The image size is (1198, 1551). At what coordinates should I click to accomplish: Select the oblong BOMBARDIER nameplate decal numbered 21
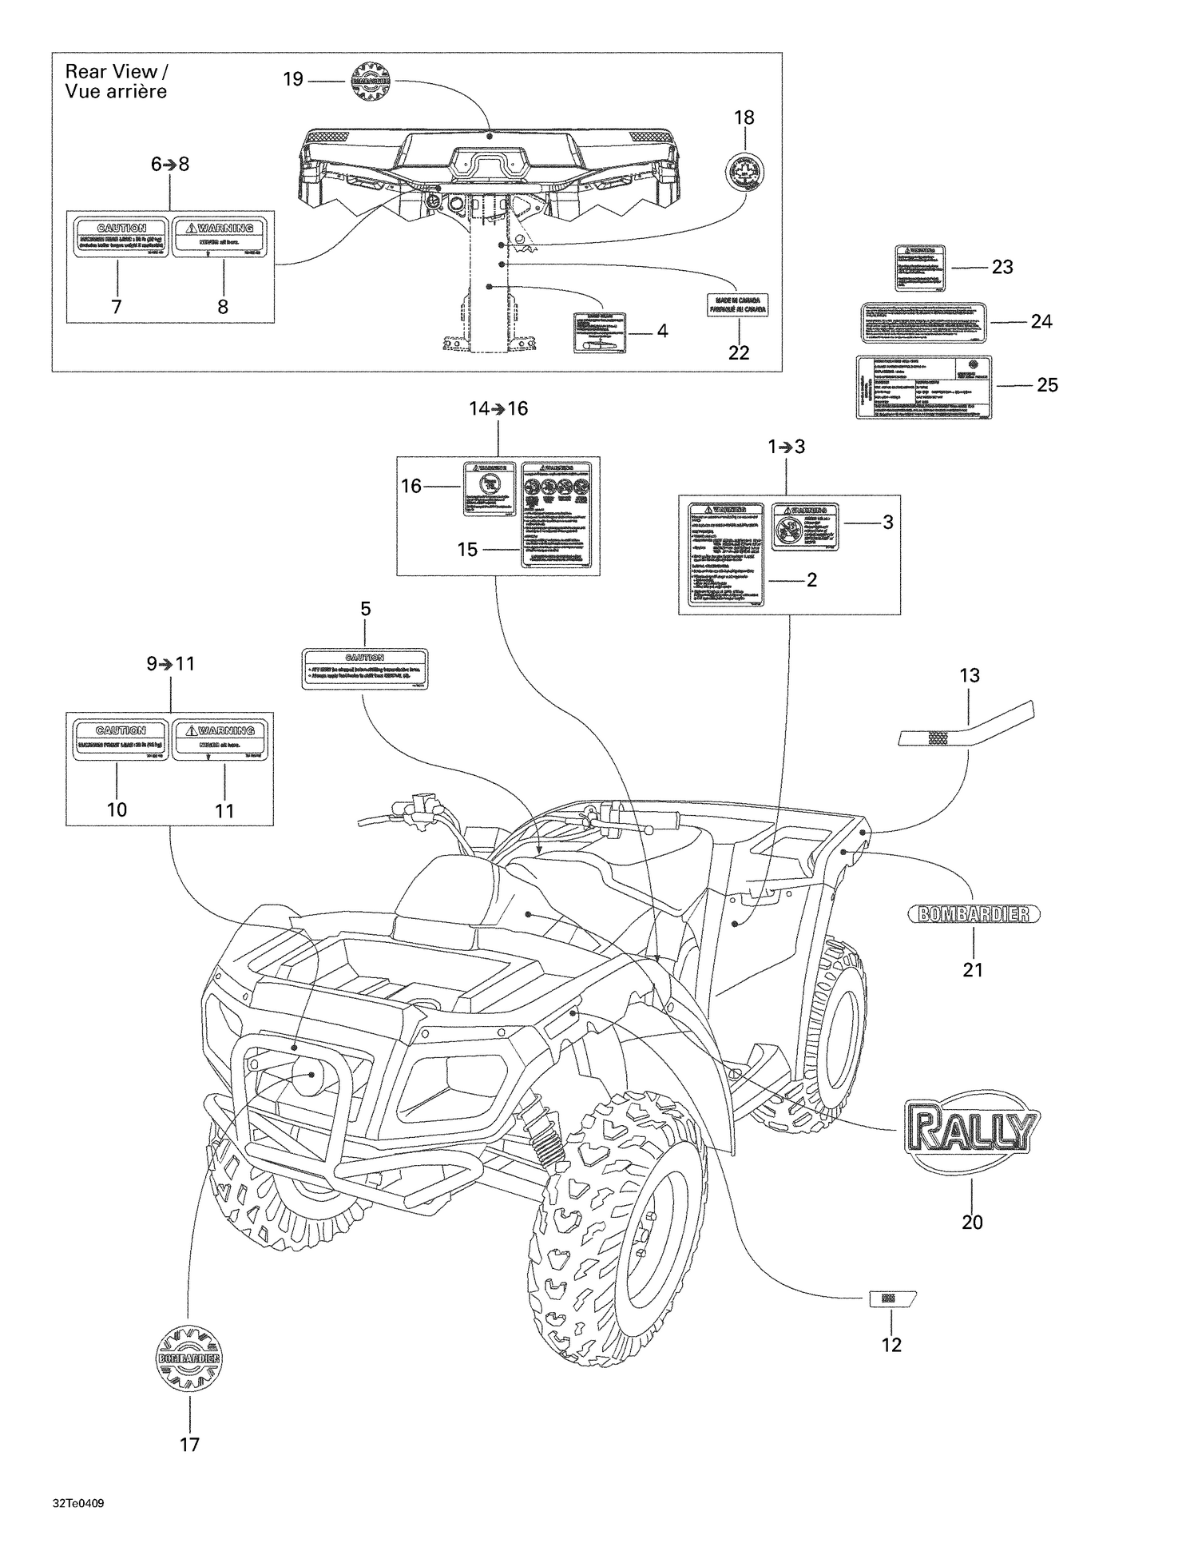click(974, 914)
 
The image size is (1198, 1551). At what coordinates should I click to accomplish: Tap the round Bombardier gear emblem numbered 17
click(189, 1358)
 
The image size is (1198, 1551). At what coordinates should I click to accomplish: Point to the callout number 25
click(1047, 385)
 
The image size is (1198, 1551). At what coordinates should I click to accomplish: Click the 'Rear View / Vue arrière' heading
click(117, 82)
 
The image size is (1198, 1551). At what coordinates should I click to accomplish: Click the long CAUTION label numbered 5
click(365, 669)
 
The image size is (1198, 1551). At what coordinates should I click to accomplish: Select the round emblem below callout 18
click(744, 171)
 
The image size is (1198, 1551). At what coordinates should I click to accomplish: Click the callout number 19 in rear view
click(293, 79)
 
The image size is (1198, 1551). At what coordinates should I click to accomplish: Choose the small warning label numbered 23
click(919, 268)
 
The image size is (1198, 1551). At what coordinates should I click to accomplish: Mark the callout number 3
click(887, 523)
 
